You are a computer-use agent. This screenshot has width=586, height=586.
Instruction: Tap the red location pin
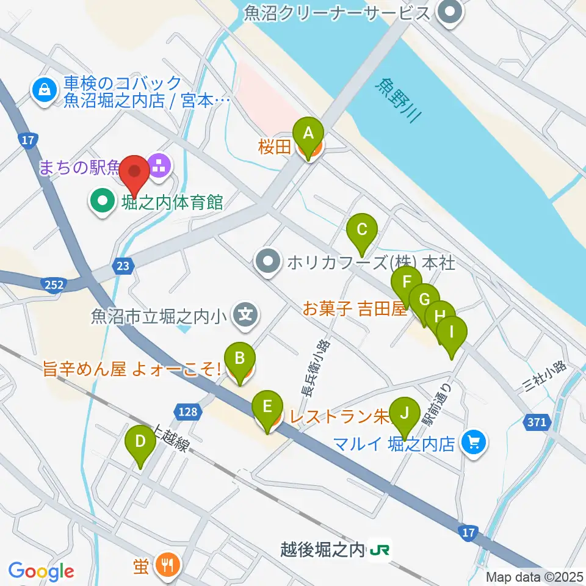[134, 173]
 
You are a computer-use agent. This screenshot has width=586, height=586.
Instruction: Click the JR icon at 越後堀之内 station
[379, 551]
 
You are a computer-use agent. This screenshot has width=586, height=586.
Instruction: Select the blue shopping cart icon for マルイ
[475, 441]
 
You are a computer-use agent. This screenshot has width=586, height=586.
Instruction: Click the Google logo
[41, 571]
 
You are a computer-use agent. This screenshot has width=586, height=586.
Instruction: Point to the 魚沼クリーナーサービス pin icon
[451, 12]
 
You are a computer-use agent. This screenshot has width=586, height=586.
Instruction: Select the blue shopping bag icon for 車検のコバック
[45, 90]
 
